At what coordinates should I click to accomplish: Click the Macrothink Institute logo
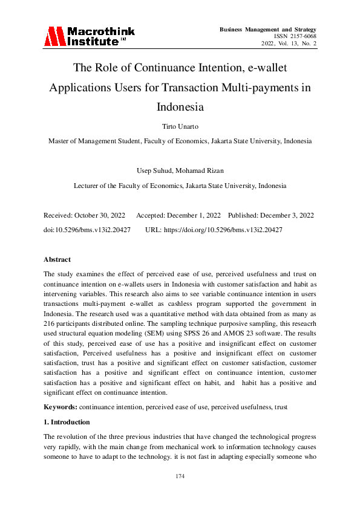click(x=89, y=36)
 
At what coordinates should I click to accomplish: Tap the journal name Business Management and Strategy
click(x=268, y=29)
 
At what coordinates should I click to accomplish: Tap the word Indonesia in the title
click(x=180, y=108)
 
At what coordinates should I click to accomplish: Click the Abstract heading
click(x=57, y=259)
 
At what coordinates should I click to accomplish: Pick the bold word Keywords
click(x=60, y=407)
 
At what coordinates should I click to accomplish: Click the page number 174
click(x=180, y=476)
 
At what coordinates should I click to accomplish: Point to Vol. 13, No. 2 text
click(x=299, y=44)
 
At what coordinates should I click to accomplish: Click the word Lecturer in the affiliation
click(x=88, y=186)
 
